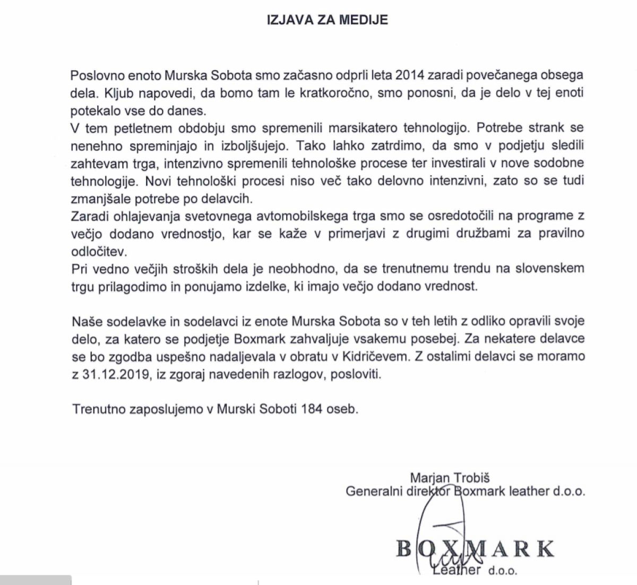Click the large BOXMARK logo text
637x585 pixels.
[476, 548]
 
